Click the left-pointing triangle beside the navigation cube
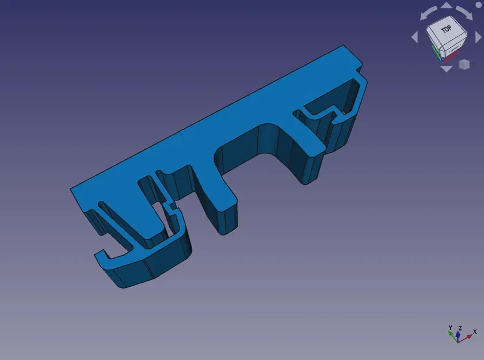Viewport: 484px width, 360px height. (x=414, y=37)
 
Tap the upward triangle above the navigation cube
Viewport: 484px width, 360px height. (x=446, y=6)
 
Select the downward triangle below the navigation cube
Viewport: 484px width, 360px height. (x=446, y=69)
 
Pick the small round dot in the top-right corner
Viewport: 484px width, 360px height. (x=478, y=5)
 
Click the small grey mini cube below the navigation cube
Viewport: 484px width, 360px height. (x=464, y=65)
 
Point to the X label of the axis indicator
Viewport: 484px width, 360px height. (x=475, y=331)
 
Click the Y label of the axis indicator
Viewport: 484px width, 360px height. (x=451, y=327)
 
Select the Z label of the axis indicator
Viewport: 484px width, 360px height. (x=459, y=328)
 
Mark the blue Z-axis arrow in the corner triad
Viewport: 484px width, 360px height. (x=458, y=334)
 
